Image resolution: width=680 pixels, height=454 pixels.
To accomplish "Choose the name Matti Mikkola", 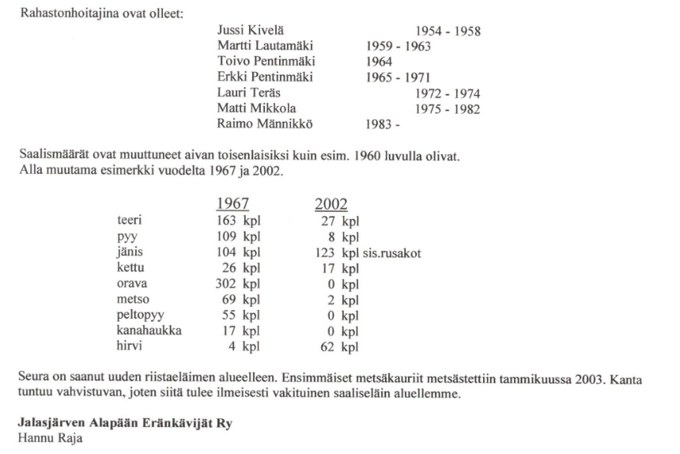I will point(252,109).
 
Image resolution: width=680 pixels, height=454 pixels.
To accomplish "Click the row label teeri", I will point(130,222).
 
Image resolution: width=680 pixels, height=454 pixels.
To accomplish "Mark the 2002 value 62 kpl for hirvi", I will point(340,346).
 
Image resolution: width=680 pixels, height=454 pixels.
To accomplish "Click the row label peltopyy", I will point(140,315).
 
